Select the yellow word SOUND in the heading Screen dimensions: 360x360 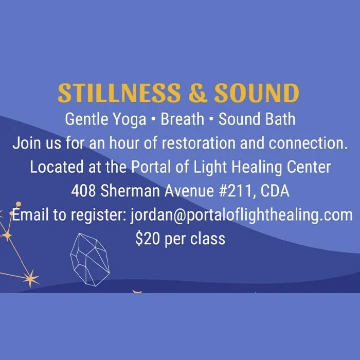tap(257, 94)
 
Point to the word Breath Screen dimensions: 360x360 tap(183, 119)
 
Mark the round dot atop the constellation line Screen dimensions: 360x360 tap(19, 204)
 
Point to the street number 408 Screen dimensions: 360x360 tap(83, 191)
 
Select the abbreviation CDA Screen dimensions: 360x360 tap(275, 191)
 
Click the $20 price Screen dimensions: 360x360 tap(146, 239)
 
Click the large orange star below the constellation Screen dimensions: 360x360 tap(31, 279)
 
